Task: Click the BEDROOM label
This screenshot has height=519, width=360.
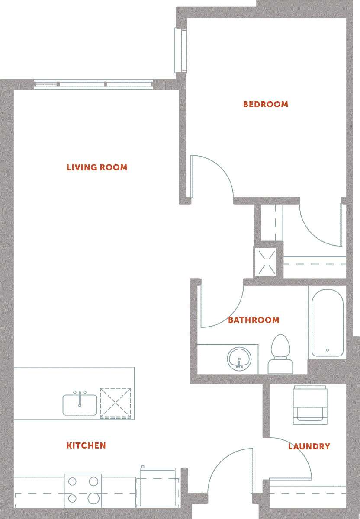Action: coord(265,104)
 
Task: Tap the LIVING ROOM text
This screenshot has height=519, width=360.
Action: coord(97,167)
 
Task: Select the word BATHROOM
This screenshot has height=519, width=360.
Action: coord(254,320)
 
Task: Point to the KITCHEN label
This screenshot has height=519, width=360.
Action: coord(86,445)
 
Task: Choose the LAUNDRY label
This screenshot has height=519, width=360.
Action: coord(309,446)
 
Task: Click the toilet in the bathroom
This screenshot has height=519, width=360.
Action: coord(280,354)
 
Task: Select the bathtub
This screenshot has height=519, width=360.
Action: coord(327,322)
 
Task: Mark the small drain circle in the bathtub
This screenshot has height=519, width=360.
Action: coord(328,350)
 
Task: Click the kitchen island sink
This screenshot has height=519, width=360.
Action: coord(80,404)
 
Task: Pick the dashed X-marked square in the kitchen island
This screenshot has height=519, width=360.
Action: coord(115,403)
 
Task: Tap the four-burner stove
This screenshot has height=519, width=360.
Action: coord(83,490)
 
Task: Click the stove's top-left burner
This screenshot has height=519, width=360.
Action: coord(72,481)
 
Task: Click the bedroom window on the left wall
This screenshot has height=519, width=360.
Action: coord(180,50)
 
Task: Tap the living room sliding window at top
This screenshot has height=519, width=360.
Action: coord(93,84)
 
